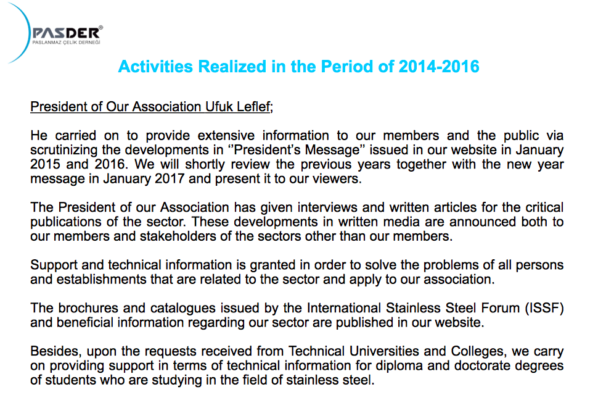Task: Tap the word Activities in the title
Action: pyautogui.click(x=149, y=67)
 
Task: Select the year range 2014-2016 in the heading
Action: pyautogui.click(x=440, y=67)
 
